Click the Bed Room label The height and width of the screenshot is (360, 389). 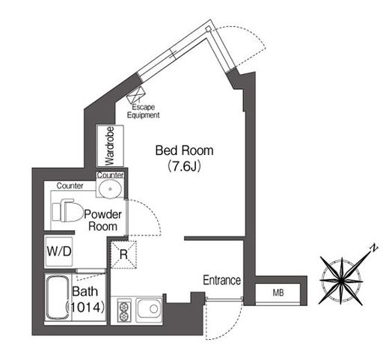point(184,150)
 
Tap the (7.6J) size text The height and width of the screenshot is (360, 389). point(184,166)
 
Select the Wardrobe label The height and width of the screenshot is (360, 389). point(109,146)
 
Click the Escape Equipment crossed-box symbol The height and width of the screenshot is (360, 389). point(136,95)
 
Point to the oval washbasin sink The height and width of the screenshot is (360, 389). point(110,189)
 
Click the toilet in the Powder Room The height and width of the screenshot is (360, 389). point(67,210)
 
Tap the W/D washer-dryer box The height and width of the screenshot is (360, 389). point(59,251)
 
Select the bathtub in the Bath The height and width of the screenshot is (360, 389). point(58,298)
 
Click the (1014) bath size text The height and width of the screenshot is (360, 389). point(85,307)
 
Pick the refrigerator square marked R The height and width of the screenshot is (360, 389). point(123,254)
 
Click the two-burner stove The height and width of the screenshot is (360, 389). point(123,311)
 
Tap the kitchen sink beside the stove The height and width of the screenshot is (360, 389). point(150,309)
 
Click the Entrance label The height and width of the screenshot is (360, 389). point(221,280)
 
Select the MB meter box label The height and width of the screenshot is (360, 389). point(278,293)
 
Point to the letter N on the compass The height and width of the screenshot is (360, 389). point(373,248)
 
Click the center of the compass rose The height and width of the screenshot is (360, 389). point(341,281)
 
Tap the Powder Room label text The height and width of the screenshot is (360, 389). point(102,220)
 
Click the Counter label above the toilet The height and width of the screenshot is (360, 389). point(70,186)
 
